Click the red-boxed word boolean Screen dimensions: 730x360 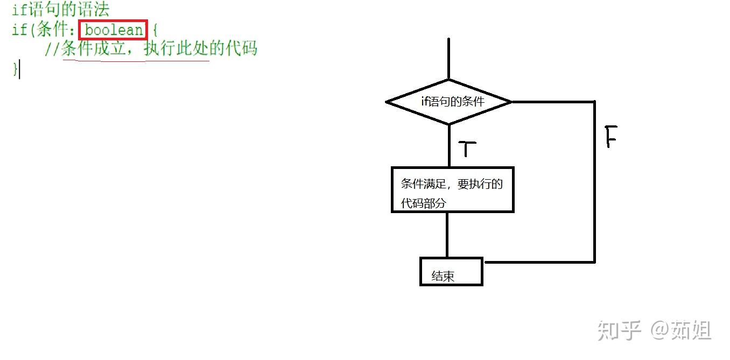[113, 30]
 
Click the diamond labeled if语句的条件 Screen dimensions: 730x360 [448, 102]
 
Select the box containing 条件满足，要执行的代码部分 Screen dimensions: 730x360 [452, 189]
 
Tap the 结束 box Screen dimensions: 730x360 [451, 272]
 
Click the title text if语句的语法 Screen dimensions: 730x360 [60, 10]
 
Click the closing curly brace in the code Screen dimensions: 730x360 [15, 69]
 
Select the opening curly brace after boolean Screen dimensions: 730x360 [155, 30]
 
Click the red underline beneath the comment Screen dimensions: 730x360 [135, 60]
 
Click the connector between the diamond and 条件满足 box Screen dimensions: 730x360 [448, 145]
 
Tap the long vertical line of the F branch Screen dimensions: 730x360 [595, 183]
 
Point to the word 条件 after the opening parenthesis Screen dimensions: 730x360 [51, 30]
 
